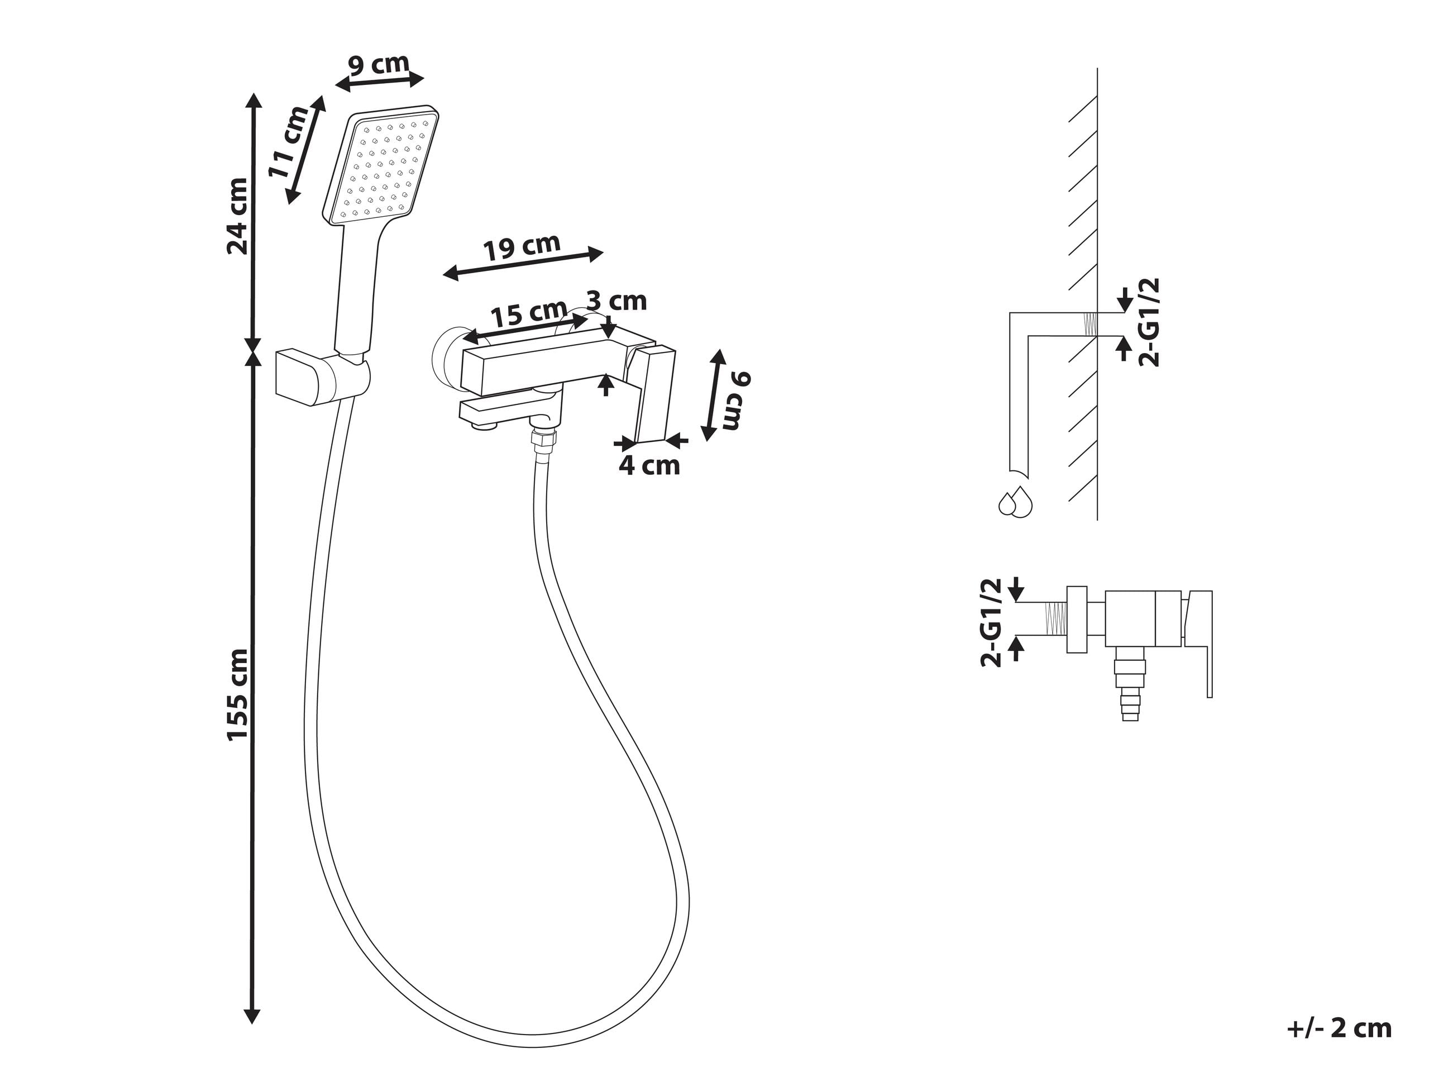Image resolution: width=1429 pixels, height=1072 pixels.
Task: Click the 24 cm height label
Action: point(238,216)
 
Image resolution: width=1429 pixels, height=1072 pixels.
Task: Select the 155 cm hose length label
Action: point(238,694)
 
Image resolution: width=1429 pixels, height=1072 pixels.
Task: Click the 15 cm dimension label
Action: point(528,314)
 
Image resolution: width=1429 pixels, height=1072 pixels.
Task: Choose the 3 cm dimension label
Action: point(616,301)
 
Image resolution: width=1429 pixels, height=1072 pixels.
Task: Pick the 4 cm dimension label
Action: point(649,465)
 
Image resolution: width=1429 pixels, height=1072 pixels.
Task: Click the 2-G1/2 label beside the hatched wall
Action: point(1149,322)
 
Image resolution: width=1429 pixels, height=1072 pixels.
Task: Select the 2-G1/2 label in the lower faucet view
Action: point(991,623)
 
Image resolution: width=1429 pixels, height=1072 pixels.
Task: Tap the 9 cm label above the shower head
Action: point(379,65)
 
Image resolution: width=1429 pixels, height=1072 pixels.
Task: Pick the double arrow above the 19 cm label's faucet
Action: point(523,264)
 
